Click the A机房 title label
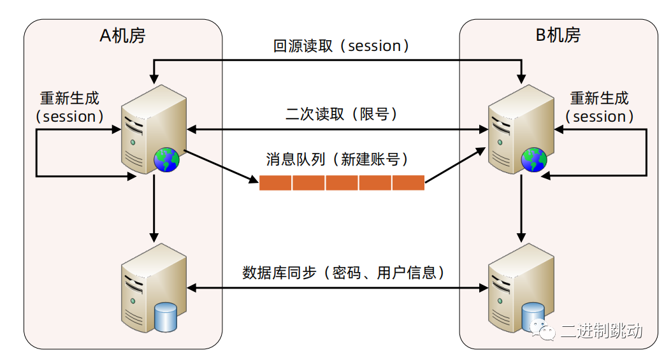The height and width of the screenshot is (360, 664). (x=122, y=36)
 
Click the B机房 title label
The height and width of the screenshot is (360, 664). (x=558, y=36)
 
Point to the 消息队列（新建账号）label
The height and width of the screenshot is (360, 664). (x=337, y=159)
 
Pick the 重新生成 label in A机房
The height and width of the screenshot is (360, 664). (x=69, y=99)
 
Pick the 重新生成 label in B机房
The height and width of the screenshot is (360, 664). (x=600, y=99)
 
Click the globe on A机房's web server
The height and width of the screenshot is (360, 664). (x=166, y=159)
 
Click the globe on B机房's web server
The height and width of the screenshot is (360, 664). (x=534, y=159)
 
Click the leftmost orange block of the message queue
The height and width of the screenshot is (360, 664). (x=275, y=183)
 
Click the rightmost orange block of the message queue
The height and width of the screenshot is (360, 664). (x=408, y=183)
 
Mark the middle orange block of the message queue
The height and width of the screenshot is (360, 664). (x=342, y=183)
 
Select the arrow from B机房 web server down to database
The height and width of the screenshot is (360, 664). (x=521, y=207)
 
